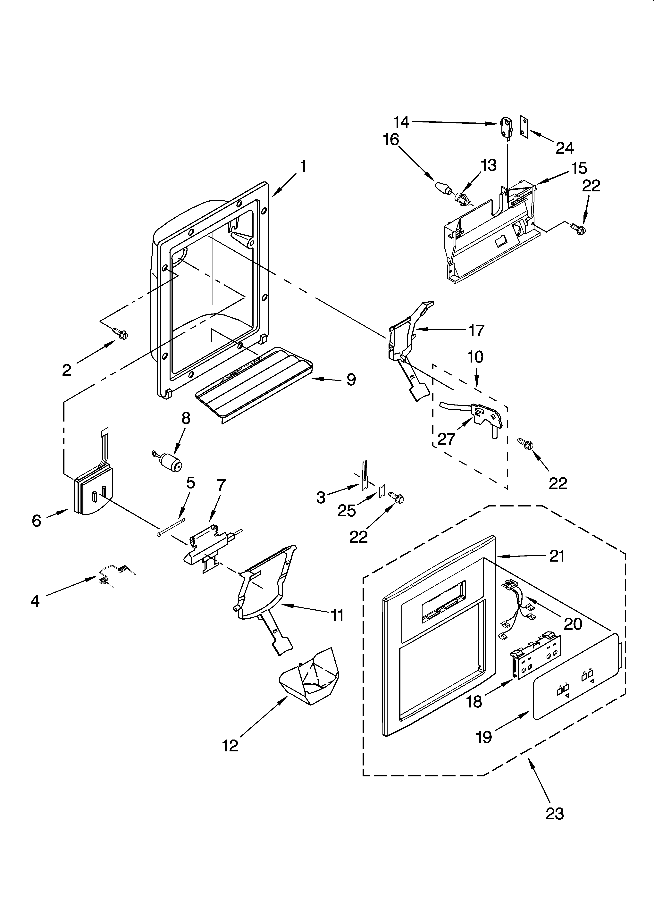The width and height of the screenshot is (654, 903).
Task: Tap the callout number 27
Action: click(446, 439)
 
